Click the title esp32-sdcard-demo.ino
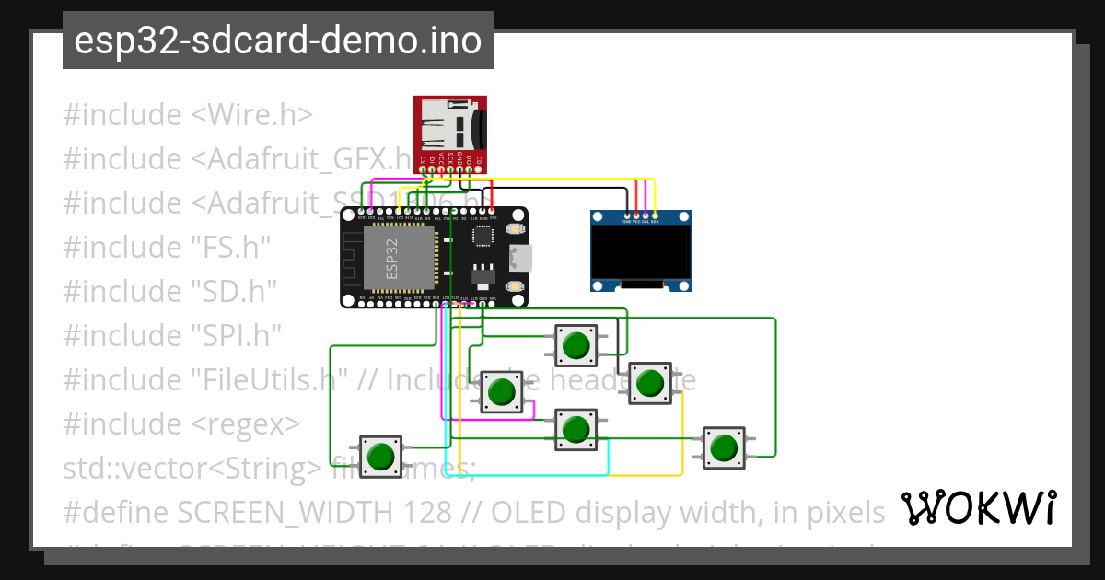pos(277,41)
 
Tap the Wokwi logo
pos(978,507)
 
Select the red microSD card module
pos(448,129)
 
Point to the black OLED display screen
pos(641,256)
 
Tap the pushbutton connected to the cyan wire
pos(576,429)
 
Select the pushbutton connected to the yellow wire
pos(650,382)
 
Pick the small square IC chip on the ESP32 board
pos(482,236)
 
